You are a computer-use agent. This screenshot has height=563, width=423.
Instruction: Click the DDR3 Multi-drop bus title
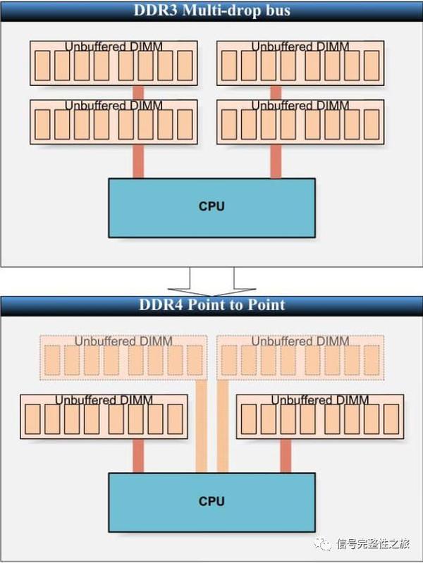[x=211, y=11]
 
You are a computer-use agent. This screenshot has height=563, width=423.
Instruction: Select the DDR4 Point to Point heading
[x=211, y=304]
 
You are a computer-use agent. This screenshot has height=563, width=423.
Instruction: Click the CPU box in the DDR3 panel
[x=211, y=207]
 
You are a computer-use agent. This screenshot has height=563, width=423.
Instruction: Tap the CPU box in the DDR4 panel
[x=211, y=501]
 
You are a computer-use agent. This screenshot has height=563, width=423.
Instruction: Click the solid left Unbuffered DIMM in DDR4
[x=104, y=416]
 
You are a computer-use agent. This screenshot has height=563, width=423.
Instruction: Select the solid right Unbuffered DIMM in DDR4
[x=320, y=416]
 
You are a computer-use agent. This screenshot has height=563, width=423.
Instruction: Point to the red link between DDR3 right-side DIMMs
[x=276, y=92]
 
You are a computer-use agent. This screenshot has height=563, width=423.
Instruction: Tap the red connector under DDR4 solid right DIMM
[x=286, y=457]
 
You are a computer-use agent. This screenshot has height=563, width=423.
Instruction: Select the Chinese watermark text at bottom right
[x=373, y=544]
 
